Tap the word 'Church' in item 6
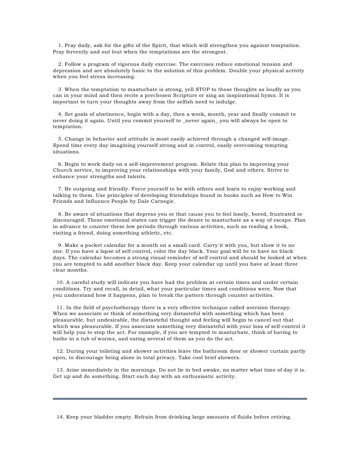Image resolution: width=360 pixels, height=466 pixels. coord(63,170)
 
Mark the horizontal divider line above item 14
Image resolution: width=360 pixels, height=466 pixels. coord(180,398)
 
